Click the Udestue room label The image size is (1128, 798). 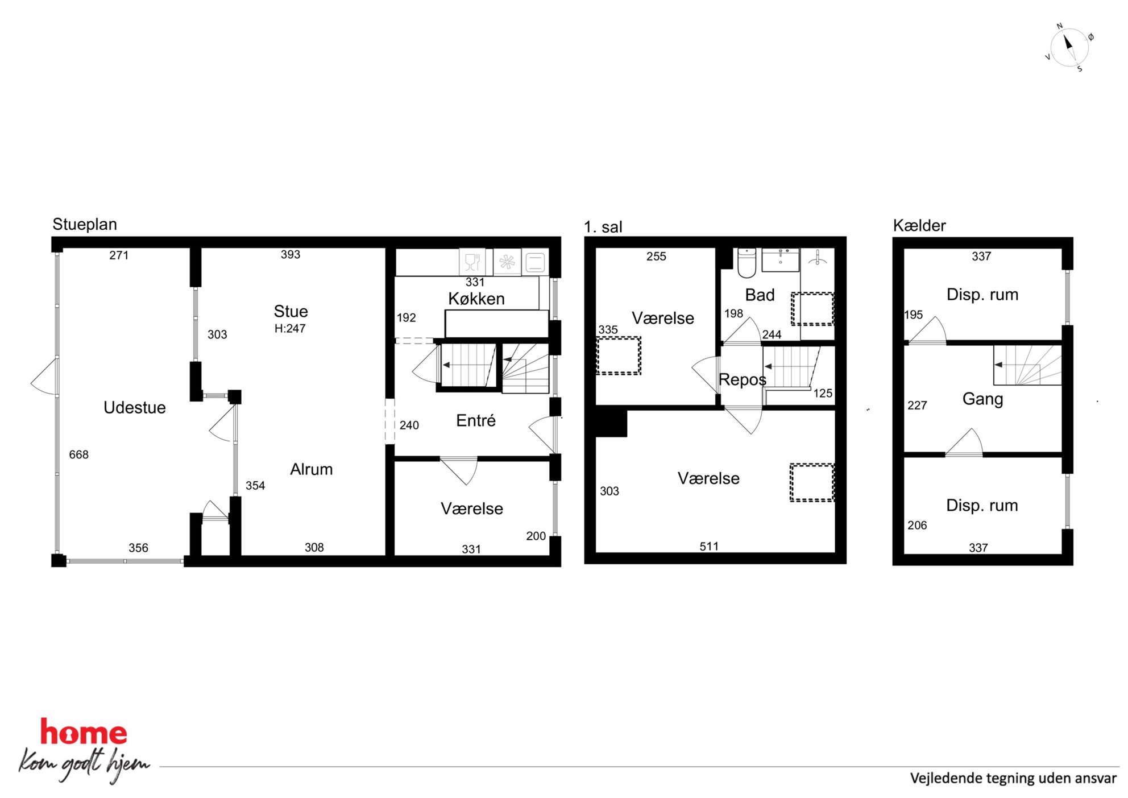click(x=135, y=407)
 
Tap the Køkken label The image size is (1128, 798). click(x=476, y=299)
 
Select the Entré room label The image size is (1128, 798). click(x=476, y=420)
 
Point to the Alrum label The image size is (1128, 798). click(x=312, y=469)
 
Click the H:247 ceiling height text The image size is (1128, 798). click(x=290, y=328)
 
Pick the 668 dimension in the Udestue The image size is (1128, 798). click(x=79, y=454)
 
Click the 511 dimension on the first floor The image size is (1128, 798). click(x=709, y=546)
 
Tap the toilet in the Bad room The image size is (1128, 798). click(x=747, y=262)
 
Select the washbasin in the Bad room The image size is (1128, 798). click(x=781, y=259)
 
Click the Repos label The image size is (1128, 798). click(x=743, y=379)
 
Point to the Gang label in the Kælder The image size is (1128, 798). click(x=982, y=399)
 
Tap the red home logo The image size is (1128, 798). click(x=84, y=732)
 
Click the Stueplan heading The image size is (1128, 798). click(x=85, y=224)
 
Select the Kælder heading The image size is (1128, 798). click(x=919, y=225)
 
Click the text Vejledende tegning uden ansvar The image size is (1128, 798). click(x=1013, y=778)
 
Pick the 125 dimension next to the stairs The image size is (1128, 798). click(x=823, y=393)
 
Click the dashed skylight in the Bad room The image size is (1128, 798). click(x=812, y=309)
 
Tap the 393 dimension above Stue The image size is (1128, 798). click(x=291, y=254)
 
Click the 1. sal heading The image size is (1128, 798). click(x=603, y=227)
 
